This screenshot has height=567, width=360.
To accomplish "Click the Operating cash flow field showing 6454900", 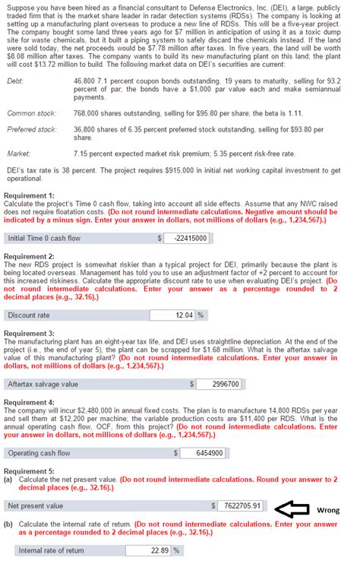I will [203, 453].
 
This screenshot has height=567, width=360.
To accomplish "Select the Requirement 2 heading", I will [29, 257].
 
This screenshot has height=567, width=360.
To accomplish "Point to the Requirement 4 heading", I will [29, 401].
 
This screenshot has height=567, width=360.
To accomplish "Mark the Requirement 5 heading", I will [29, 471].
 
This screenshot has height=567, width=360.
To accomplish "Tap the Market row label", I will [17, 153].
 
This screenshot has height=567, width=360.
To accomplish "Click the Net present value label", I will [36, 505].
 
